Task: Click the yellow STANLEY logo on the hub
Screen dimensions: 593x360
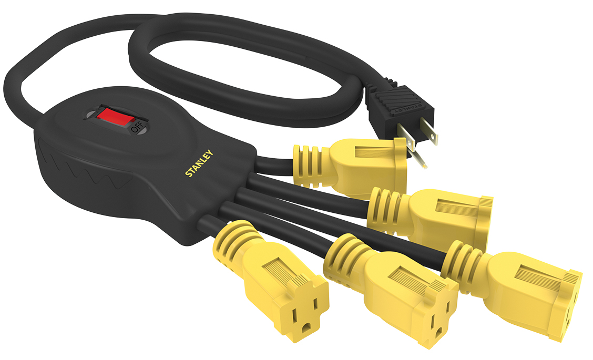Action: click(199, 163)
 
